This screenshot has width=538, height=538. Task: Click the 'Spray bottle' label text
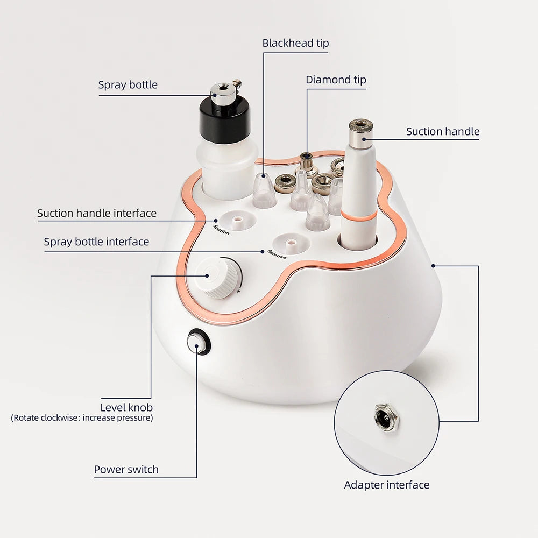click(x=128, y=85)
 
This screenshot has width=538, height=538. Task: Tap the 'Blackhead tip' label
click(x=295, y=43)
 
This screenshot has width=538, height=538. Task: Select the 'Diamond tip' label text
click(x=336, y=80)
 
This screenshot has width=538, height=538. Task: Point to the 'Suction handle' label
click(x=442, y=131)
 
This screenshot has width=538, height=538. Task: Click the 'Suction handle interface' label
click(x=97, y=213)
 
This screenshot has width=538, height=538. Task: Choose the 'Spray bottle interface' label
click(x=96, y=242)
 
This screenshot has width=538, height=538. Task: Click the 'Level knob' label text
click(x=126, y=407)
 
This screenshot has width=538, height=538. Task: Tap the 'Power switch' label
click(x=126, y=469)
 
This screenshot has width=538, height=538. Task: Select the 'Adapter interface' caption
click(x=386, y=485)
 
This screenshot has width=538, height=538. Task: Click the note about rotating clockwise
click(x=82, y=417)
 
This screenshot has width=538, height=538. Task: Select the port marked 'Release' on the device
click(x=291, y=244)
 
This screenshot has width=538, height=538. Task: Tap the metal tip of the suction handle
click(x=360, y=132)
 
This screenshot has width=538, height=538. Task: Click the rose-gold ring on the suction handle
click(x=358, y=215)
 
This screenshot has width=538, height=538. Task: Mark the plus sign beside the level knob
click(x=238, y=291)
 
